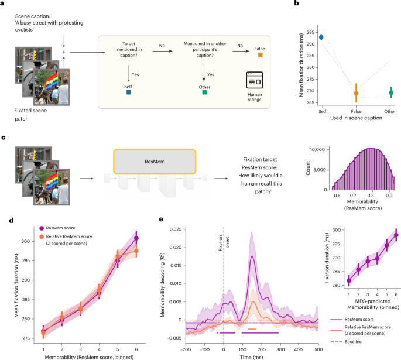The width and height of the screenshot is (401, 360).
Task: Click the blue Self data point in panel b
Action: click(321, 37)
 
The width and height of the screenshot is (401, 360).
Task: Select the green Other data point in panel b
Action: click(391, 93)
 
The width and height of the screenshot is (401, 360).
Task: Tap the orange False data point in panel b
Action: click(356, 93)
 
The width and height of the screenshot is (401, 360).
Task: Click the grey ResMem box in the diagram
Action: click(155, 162)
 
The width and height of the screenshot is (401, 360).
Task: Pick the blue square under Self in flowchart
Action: click(129, 92)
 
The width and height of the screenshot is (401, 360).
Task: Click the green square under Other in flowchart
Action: click(204, 92)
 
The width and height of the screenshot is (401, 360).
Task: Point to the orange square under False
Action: click(261, 54)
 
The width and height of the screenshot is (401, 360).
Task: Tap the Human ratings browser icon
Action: click(255, 80)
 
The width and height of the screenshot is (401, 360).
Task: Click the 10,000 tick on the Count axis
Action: click(317, 149)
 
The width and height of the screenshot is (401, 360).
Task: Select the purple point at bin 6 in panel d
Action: click(136, 238)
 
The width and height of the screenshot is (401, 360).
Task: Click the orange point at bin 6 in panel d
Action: click(136, 251)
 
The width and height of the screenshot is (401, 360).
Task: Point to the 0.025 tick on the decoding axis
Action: click(176, 229)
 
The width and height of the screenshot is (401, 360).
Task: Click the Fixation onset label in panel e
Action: click(224, 243)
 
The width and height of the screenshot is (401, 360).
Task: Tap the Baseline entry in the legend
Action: click(346, 342)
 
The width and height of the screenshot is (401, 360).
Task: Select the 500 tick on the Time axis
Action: click(318, 349)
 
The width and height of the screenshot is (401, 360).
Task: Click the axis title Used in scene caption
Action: click(356, 118)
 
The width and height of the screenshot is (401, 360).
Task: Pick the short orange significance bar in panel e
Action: click(252, 329)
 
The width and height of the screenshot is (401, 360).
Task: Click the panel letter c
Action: click(4, 138)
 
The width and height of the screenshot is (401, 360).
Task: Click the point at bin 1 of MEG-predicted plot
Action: click(349, 280)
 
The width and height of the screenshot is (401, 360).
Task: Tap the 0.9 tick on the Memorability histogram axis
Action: click(389, 196)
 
